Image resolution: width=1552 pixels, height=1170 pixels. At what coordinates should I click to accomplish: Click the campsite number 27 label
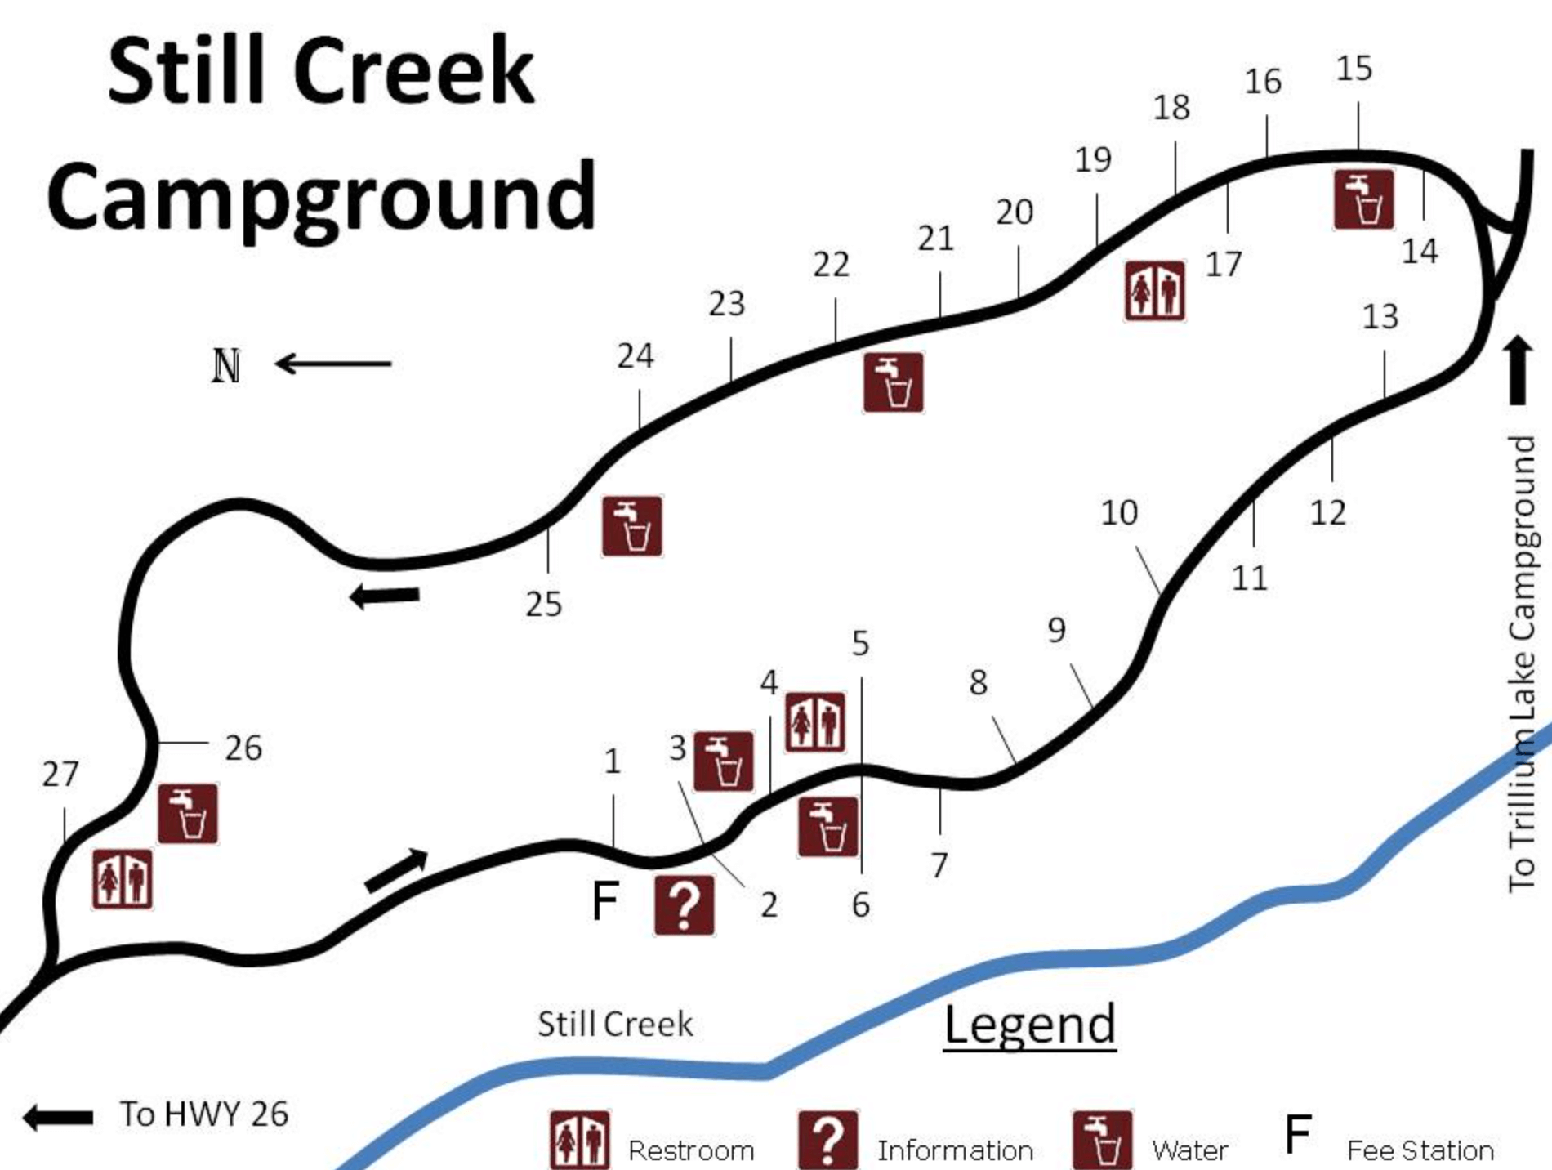(60, 774)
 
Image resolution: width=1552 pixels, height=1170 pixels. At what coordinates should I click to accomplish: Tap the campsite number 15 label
(1354, 69)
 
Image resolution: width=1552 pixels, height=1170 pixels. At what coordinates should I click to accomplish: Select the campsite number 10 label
(1118, 513)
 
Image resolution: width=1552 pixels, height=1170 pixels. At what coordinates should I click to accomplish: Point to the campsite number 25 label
(543, 605)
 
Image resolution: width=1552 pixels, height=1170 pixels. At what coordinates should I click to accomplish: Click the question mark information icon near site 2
(685, 905)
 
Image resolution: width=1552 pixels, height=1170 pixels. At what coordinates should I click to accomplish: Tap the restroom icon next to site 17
(1154, 291)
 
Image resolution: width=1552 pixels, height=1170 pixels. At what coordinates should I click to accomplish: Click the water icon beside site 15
(1363, 199)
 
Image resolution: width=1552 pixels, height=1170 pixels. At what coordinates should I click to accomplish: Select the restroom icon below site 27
(123, 879)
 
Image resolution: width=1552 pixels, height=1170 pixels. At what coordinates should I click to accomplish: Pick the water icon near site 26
(188, 814)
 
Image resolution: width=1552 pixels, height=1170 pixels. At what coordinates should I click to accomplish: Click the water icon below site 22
(894, 382)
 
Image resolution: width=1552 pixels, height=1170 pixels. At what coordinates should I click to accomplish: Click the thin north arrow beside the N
(333, 364)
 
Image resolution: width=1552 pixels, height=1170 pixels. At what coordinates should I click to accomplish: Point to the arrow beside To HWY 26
(57, 1117)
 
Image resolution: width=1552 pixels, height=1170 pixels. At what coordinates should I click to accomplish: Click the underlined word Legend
(1029, 1025)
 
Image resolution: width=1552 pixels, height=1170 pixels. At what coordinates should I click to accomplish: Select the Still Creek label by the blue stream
(615, 1025)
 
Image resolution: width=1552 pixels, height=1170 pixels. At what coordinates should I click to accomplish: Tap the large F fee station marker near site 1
(604, 900)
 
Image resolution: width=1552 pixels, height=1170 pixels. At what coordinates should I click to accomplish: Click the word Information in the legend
(955, 1150)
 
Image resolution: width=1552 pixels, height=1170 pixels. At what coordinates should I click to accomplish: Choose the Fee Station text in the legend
(1420, 1150)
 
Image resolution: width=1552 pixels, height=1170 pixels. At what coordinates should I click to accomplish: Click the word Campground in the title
(322, 196)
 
